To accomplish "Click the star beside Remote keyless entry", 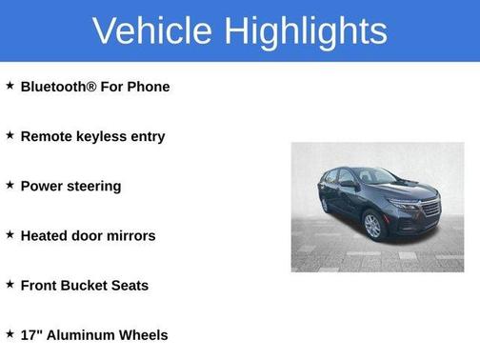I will pyautogui.click(x=10, y=135).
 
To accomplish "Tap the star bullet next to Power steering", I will pyautogui.click(x=10, y=185).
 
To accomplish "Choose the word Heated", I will pyautogui.click(x=44, y=235).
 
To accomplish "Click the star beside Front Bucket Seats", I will pyautogui.click(x=10, y=284).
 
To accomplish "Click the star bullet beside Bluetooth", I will pyautogui.click(x=10, y=86).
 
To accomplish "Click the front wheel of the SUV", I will pyautogui.click(x=372, y=226).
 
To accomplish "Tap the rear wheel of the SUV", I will pyautogui.click(x=325, y=205).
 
